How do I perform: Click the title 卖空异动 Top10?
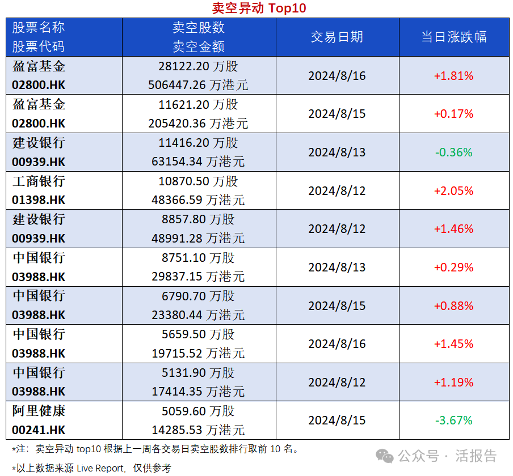[259, 8]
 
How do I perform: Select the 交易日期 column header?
[337, 37]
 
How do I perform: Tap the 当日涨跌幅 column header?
[453, 37]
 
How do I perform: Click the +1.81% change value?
[453, 76]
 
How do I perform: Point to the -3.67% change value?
[453, 420]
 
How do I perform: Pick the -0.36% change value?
[453, 152]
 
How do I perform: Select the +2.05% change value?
[453, 191]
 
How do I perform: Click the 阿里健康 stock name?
[39, 411]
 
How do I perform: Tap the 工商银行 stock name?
[39, 181]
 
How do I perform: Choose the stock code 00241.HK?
[39, 430]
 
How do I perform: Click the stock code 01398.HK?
[39, 201]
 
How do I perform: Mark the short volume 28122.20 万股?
[198, 66]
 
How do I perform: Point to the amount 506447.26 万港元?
[198, 86]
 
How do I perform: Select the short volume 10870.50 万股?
[198, 181]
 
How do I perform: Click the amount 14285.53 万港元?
[198, 430]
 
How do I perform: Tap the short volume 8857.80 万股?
[198, 219]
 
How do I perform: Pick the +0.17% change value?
[453, 114]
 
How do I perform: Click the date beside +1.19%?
[337, 382]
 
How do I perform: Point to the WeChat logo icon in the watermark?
[386, 456]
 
